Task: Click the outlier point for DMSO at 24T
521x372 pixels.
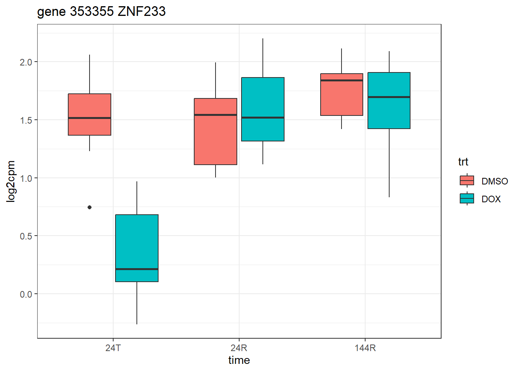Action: pos(90,207)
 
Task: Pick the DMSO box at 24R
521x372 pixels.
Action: pos(216,132)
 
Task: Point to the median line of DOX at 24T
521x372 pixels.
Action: pos(137,269)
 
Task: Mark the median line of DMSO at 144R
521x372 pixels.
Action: pos(342,80)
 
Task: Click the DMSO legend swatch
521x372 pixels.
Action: pos(467,181)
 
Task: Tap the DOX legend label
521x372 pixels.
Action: pos(491,199)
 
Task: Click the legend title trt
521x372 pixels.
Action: pos(463,162)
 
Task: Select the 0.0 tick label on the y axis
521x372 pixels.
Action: pos(26,294)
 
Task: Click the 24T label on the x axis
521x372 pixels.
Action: pos(113,348)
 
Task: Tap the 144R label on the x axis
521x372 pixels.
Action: pos(365,348)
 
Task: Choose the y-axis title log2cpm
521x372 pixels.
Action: pos(11,181)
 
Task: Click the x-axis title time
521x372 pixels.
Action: pos(239,360)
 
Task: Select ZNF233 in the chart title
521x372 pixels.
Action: pos(141,12)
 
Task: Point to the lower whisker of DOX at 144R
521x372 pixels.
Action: pos(389,163)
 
